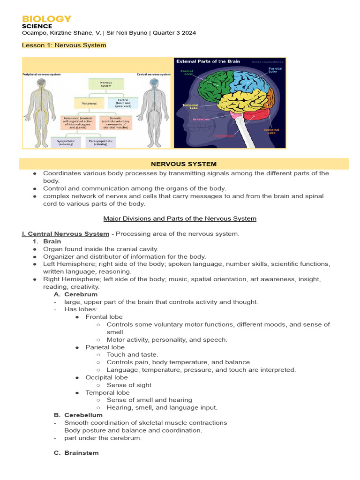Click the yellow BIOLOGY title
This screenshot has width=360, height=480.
47,19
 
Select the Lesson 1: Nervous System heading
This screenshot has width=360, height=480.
64,45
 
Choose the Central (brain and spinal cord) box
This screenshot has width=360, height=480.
123,103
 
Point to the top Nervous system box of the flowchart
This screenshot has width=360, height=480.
106,84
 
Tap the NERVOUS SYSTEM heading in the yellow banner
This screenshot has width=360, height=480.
184,164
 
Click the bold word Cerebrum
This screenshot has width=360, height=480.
81,294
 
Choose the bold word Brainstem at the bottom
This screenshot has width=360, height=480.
81,453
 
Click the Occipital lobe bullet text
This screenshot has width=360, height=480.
106,377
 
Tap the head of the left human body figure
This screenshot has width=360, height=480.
41,82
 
